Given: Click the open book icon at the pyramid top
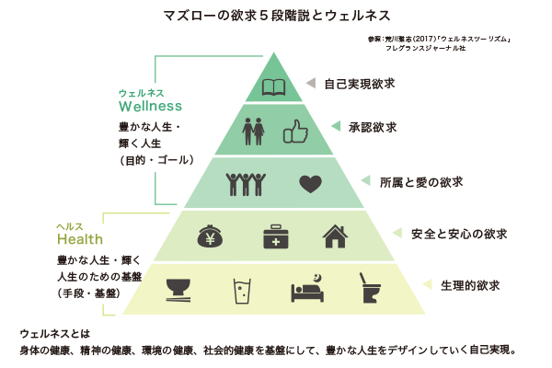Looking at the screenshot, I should click(275, 88).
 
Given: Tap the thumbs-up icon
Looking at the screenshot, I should click(293, 132).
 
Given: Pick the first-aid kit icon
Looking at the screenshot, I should click(275, 236).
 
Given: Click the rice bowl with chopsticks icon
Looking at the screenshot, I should click(178, 288).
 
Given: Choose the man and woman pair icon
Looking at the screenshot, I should click(253, 132).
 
